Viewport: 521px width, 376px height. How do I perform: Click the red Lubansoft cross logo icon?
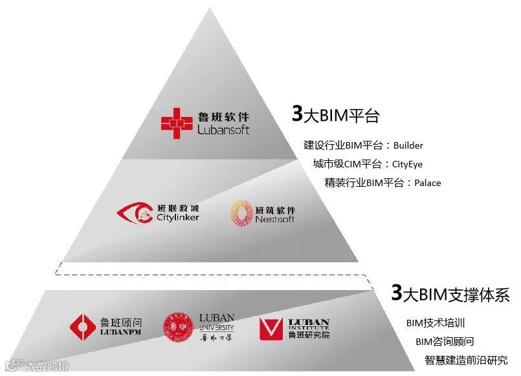click(176, 123)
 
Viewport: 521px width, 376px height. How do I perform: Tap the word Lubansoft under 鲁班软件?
click(223, 131)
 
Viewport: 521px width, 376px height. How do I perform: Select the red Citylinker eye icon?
click(134, 213)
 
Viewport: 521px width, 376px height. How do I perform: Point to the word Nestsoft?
click(275, 220)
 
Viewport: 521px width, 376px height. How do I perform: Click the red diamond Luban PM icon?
click(83, 327)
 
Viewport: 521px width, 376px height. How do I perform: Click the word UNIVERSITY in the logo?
click(217, 327)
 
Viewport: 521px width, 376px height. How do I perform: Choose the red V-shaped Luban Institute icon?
click(272, 328)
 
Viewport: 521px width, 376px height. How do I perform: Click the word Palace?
click(427, 183)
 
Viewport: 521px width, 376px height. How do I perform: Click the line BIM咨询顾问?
click(445, 341)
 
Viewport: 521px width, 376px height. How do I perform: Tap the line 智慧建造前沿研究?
click(466, 360)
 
